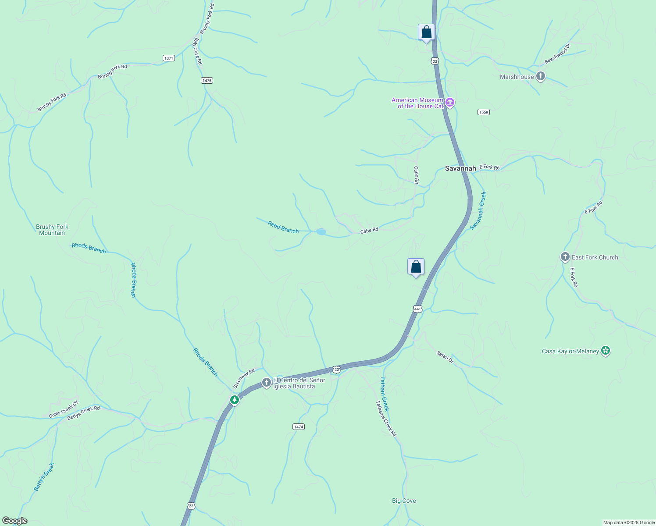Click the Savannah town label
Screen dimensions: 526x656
point(460,168)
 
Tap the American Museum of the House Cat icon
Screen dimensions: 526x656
point(449,103)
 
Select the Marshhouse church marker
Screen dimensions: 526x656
point(541,76)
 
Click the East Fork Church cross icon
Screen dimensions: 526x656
point(565,257)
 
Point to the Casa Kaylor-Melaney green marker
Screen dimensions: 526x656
point(606,351)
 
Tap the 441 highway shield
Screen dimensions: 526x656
point(417,309)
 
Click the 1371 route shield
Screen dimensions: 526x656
point(168,58)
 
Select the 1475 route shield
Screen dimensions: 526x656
point(207,80)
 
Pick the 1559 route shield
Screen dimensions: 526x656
point(483,112)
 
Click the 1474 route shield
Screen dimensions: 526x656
point(298,426)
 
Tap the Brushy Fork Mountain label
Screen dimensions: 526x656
point(52,230)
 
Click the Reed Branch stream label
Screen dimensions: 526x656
point(283,227)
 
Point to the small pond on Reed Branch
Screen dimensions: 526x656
point(321,231)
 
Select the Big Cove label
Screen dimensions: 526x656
point(404,501)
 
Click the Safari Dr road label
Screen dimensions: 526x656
point(445,356)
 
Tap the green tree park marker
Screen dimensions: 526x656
point(235,400)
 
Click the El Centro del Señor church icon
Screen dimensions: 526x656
point(266,382)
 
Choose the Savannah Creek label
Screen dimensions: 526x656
point(478,210)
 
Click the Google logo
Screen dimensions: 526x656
point(14,521)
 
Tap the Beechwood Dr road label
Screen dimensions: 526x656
point(557,53)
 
